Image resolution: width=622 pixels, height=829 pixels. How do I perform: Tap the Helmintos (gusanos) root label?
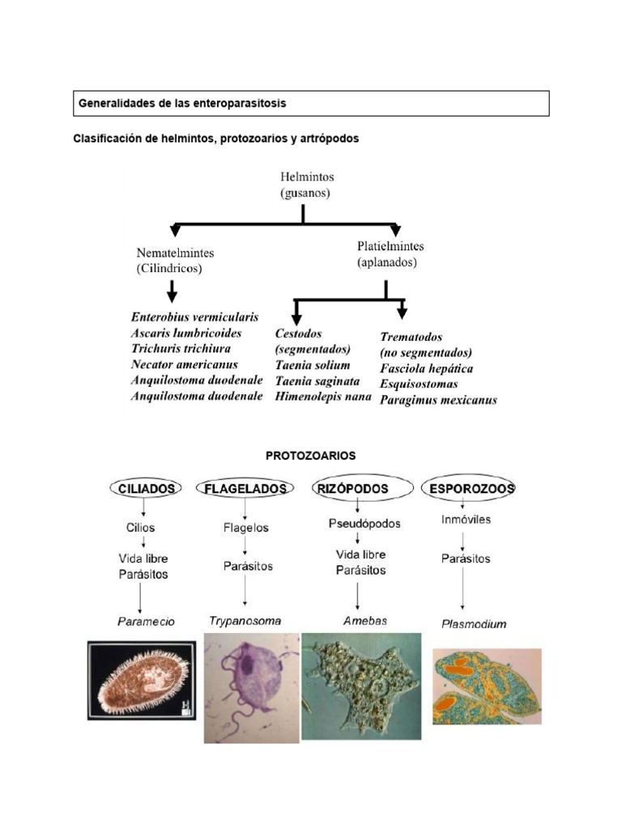click(x=306, y=184)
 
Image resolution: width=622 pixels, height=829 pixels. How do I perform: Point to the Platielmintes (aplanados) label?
click(x=390, y=253)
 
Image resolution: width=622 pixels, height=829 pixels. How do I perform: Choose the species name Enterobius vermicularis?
click(x=194, y=317)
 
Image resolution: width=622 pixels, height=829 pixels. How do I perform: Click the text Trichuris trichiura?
click(x=181, y=349)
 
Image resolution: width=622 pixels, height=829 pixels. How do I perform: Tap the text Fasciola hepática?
click(x=427, y=368)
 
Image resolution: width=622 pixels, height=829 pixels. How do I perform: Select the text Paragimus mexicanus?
click(x=438, y=400)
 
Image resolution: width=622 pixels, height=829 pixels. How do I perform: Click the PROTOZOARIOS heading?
click(x=310, y=456)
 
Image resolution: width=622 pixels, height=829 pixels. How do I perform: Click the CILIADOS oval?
click(x=145, y=488)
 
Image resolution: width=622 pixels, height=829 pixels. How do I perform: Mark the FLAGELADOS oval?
click(x=245, y=488)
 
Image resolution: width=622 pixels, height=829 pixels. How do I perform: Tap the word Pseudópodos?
click(x=364, y=524)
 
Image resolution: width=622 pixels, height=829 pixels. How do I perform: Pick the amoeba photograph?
click(x=361, y=686)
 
